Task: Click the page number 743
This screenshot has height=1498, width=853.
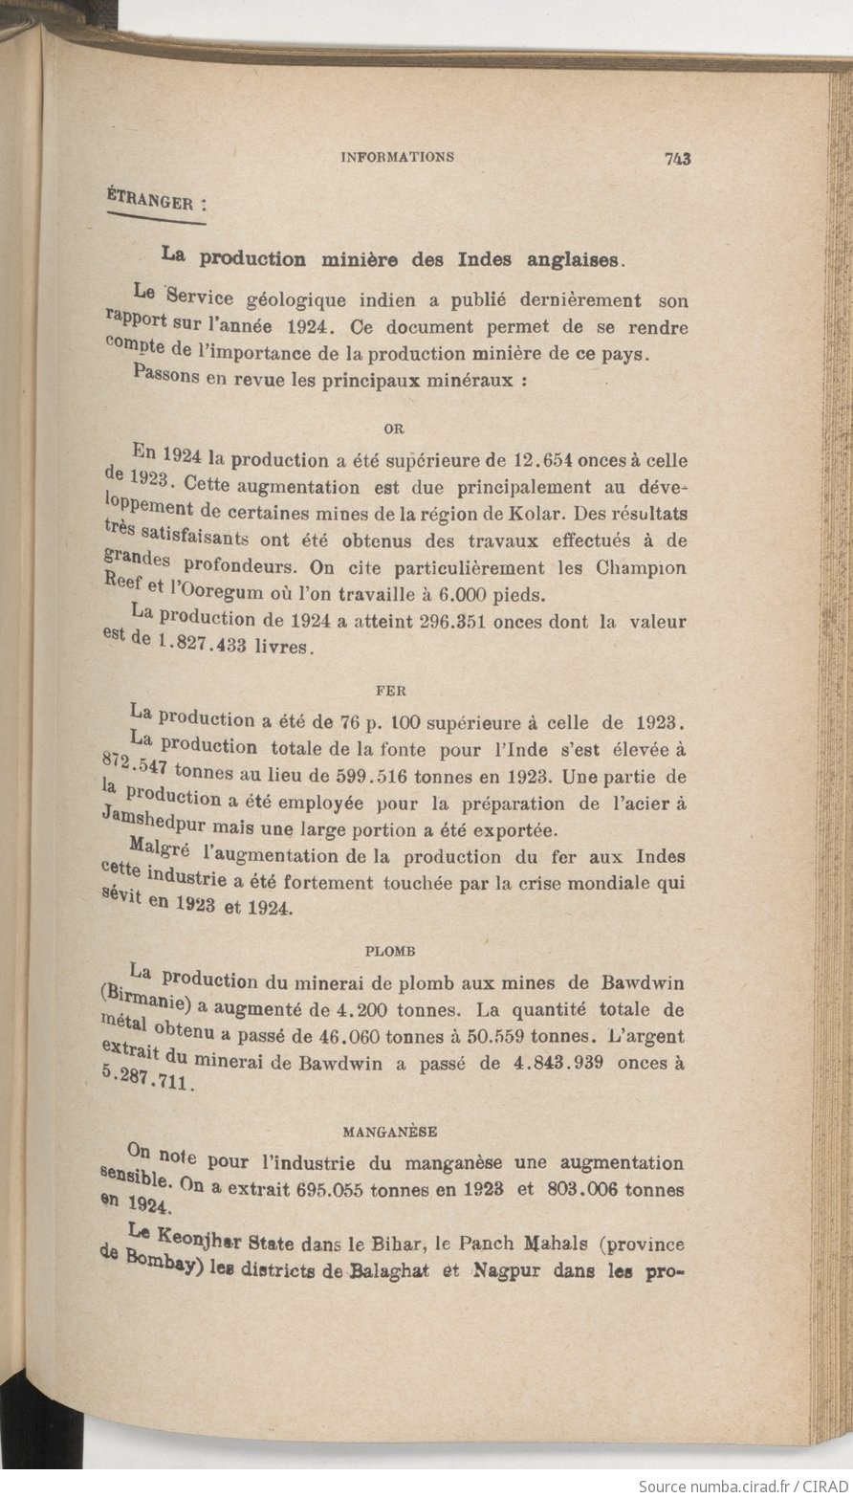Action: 677,160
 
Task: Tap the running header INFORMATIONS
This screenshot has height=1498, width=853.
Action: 398,158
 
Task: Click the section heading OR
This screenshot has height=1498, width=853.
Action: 393,428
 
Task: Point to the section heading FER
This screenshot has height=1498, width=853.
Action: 392,685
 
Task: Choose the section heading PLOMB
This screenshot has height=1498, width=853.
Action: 392,951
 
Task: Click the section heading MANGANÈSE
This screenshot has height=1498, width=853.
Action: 391,1132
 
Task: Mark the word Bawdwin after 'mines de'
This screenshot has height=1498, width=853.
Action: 644,982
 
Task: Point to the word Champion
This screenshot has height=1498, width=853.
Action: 645,567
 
